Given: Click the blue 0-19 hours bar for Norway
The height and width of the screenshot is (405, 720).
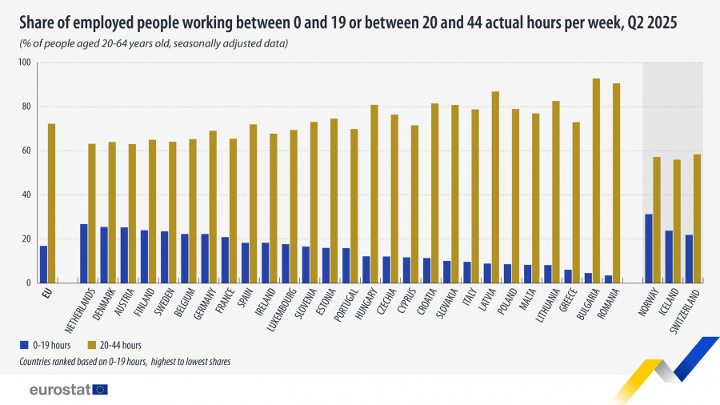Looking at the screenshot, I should click(x=649, y=248).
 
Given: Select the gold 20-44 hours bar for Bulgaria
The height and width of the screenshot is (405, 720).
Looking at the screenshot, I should click(x=596, y=180).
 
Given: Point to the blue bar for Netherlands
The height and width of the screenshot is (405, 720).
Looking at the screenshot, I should click(x=84, y=253).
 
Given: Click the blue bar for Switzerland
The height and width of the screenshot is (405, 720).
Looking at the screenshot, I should click(x=689, y=259).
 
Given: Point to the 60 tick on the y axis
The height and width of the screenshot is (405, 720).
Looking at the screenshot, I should click(x=25, y=150).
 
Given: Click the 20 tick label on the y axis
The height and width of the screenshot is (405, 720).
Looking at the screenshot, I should click(x=25, y=239).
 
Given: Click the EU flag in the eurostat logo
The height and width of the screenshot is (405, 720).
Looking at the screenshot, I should click(x=100, y=390).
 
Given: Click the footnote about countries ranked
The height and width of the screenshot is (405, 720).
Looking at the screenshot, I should click(x=125, y=362).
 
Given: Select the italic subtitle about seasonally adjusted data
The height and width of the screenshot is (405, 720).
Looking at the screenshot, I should click(x=154, y=43).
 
